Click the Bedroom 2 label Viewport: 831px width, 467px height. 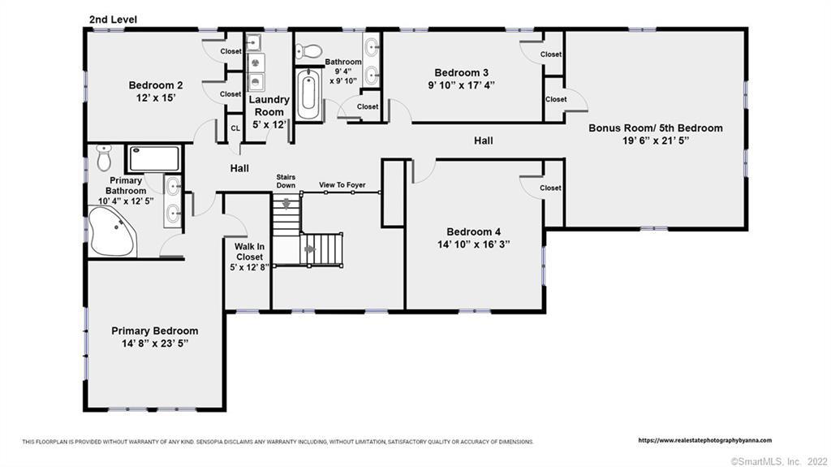(156, 85)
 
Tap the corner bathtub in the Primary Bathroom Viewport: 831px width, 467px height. (112, 232)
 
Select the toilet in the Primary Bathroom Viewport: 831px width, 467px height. (105, 157)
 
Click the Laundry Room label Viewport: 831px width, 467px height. (269, 106)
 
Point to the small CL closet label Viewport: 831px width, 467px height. (235, 128)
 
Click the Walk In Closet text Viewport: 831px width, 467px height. (249, 252)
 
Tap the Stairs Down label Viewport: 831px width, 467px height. (286, 181)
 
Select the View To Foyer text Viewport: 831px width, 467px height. (342, 184)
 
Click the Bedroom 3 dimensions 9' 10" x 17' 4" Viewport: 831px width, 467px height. (462, 84)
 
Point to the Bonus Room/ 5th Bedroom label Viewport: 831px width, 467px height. (656, 128)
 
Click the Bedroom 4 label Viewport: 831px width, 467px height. (473, 232)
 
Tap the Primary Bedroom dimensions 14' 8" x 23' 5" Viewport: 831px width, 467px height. (155, 344)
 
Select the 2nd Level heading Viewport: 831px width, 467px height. (113, 19)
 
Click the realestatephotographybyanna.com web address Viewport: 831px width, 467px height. (705, 440)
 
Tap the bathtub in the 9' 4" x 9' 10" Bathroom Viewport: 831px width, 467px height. (308, 94)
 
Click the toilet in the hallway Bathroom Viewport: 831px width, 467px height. (309, 51)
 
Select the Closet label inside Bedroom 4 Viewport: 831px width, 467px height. (551, 188)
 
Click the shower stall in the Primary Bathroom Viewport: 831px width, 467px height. (154, 158)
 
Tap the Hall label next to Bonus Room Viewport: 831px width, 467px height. (484, 141)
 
